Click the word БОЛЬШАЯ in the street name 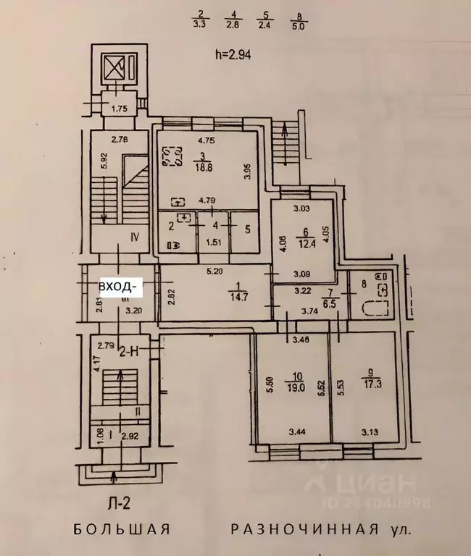(x=122, y=528)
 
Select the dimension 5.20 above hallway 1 (x=214, y=272)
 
